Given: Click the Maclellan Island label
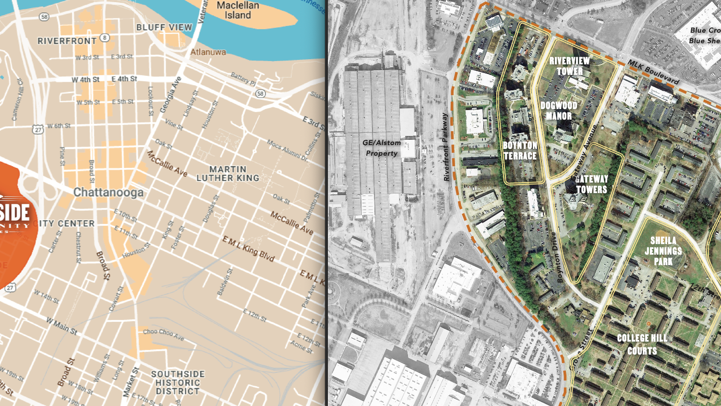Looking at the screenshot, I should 238,10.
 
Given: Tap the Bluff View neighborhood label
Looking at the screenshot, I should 164,27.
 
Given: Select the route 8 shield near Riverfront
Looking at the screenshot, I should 105,38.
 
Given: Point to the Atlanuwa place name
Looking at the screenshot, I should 208,52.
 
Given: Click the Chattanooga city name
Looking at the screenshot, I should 108,193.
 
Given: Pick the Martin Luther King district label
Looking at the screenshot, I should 228,173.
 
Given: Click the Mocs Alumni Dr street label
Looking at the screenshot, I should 287,150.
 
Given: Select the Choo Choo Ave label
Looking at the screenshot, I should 163,334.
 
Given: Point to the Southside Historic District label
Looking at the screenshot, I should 178,382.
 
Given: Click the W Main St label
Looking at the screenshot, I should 61,325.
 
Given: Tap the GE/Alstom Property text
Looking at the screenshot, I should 382,148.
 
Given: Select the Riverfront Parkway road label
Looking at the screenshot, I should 446,147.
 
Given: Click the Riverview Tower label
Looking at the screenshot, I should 569,66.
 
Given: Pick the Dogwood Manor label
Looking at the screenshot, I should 559,111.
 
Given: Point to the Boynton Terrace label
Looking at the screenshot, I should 520,150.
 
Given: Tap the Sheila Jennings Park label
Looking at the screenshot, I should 663,251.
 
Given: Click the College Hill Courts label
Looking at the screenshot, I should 642,344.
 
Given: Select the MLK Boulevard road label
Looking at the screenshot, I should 653,73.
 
